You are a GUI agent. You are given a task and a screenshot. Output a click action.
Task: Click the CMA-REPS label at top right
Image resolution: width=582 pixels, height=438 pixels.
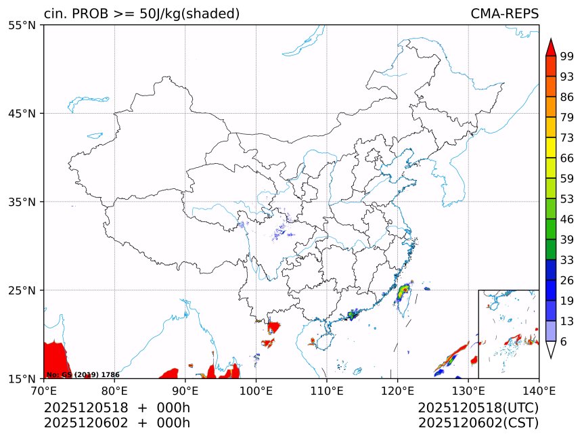(x=504, y=14)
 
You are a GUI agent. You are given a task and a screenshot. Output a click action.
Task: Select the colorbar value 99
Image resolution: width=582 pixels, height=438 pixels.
(x=567, y=56)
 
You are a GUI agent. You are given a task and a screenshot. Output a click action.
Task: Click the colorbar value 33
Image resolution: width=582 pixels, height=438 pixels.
(x=567, y=260)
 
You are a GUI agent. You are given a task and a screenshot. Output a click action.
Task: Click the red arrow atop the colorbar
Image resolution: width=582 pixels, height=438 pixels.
(x=551, y=47)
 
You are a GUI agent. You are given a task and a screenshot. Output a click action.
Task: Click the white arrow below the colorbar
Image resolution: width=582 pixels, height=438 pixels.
(x=551, y=349)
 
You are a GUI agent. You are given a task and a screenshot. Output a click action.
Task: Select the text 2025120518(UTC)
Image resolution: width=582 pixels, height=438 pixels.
(x=478, y=408)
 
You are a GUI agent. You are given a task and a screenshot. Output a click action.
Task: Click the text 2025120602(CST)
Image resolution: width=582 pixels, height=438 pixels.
(x=478, y=423)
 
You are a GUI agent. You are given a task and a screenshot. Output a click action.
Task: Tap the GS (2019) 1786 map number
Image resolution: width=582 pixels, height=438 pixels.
(x=83, y=374)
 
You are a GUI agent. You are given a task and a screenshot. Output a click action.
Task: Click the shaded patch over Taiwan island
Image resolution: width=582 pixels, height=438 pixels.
(x=404, y=293)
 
